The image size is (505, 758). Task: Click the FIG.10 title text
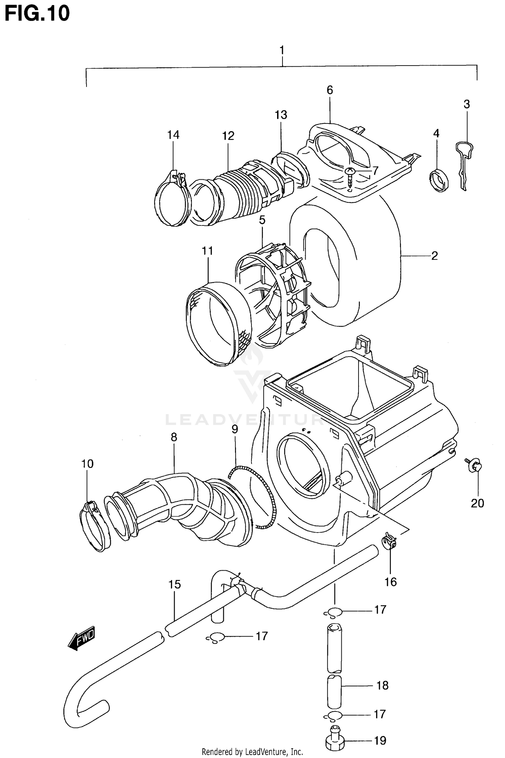(37, 13)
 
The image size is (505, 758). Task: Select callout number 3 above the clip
(466, 104)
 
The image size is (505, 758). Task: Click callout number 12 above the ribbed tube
(228, 136)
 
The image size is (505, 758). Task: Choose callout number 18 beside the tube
(382, 685)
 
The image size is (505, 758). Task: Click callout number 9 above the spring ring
(235, 429)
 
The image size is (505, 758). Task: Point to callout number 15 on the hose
(174, 584)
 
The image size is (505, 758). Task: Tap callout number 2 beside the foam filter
(434, 256)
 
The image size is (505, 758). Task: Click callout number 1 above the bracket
(282, 50)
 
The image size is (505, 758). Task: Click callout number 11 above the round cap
(207, 251)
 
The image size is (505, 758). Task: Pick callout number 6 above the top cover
(330, 90)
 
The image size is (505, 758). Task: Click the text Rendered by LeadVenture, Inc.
(252, 752)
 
